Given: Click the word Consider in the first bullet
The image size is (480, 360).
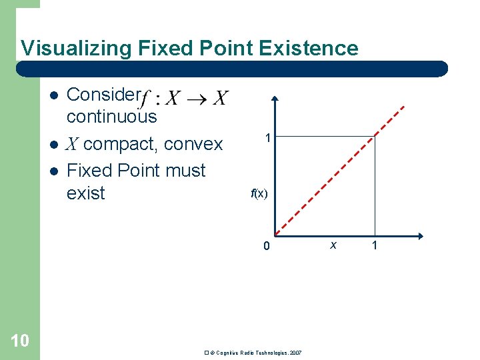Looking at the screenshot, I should (102, 94).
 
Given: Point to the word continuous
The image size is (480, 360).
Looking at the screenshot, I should (111, 117).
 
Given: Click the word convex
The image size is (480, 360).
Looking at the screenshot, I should (193, 144).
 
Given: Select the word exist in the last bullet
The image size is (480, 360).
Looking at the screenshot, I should (86, 193).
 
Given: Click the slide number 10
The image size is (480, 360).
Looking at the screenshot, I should (20, 341).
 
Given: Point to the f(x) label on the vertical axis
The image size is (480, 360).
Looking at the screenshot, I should (259, 193).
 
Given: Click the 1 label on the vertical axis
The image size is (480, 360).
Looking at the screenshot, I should (267, 138).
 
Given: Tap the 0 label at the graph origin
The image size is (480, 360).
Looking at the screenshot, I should (266, 247).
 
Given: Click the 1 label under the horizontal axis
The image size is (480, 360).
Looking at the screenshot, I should (374, 246).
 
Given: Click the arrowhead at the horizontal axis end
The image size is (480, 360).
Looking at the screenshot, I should (420, 236).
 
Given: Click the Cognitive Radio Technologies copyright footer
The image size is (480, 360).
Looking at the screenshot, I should (254, 352).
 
